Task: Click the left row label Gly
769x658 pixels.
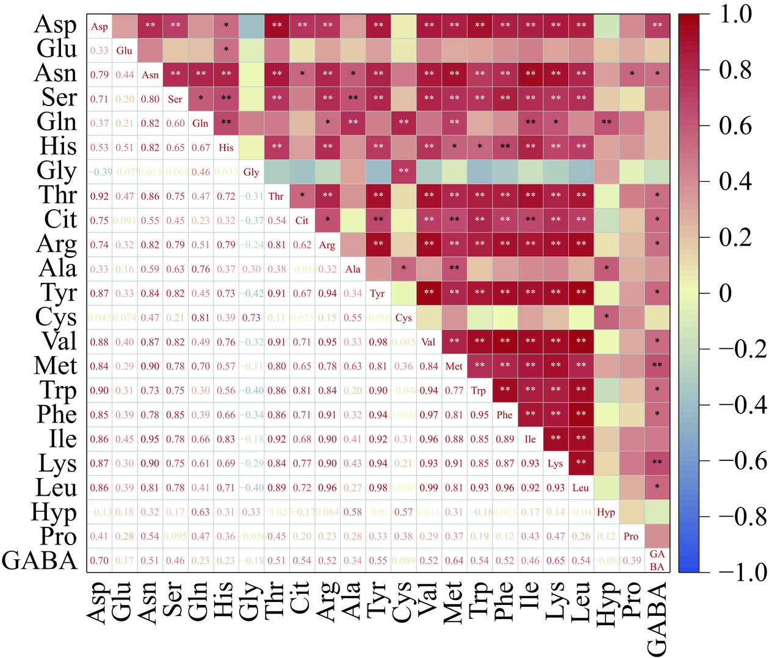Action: pyautogui.click(x=57, y=171)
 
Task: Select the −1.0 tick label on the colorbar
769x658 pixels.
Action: pyautogui.click(x=742, y=572)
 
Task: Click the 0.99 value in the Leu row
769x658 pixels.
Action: pyautogui.click(x=428, y=488)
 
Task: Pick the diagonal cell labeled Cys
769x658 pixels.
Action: pyautogui.click(x=403, y=318)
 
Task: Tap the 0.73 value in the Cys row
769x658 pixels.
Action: pyautogui.click(x=251, y=318)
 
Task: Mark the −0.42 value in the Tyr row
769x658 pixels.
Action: pyautogui.click(x=251, y=293)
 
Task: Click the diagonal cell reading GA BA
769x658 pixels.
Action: pyautogui.click(x=657, y=560)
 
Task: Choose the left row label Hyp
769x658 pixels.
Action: pyautogui.click(x=54, y=512)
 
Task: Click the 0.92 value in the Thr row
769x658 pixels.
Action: pyautogui.click(x=99, y=196)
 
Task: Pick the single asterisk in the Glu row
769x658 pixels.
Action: pyautogui.click(x=226, y=49)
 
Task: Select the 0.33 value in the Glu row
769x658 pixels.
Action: pyautogui.click(x=99, y=51)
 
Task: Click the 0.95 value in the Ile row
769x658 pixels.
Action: pyautogui.click(x=150, y=439)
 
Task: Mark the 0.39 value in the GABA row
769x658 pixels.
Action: pyautogui.click(x=631, y=560)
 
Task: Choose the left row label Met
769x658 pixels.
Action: pyautogui.click(x=56, y=366)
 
